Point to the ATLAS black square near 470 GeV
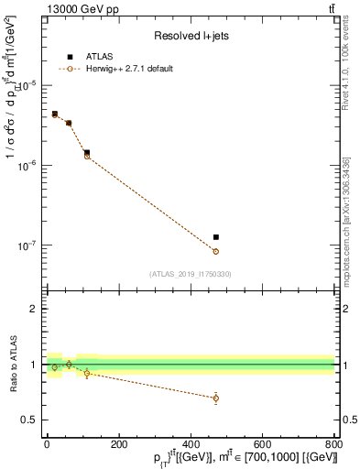(216, 237)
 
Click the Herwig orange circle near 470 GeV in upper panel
(216, 251)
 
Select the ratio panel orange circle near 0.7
(216, 398)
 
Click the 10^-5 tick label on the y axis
(27, 85)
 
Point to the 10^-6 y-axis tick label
(27, 166)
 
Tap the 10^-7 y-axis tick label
(27, 246)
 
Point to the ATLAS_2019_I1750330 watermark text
(191, 273)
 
